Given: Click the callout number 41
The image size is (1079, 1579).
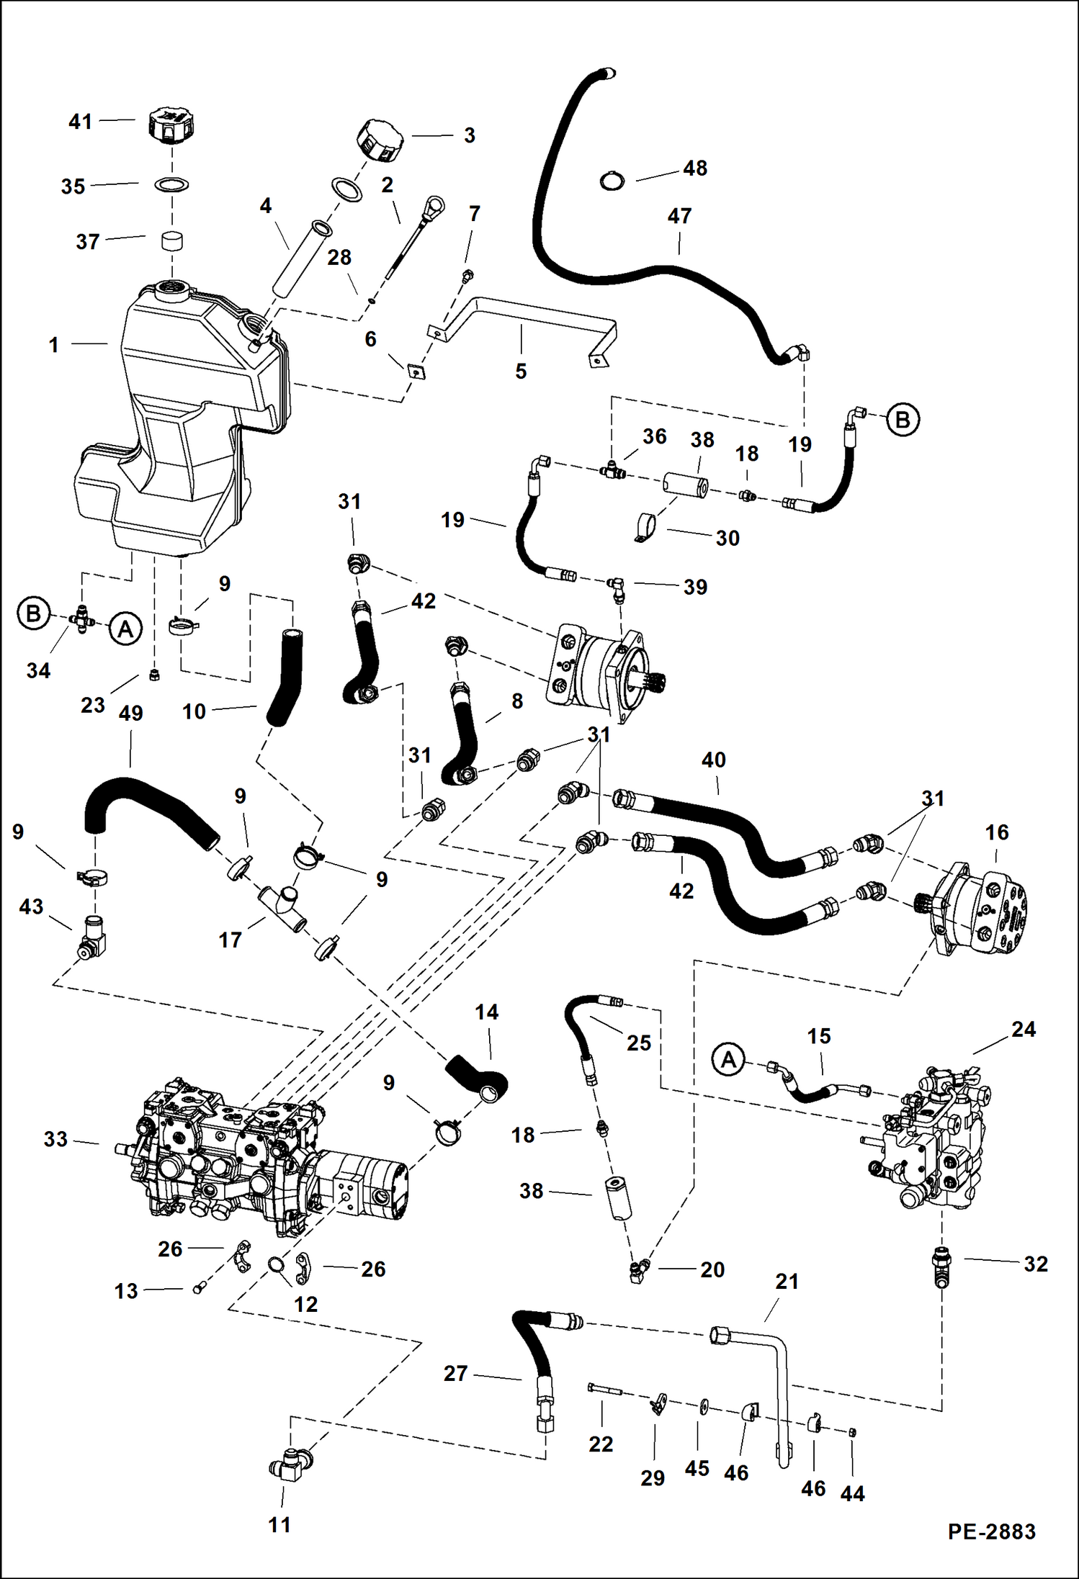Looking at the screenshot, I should pos(80,122).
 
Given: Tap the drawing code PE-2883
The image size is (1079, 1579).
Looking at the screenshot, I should pos(991,1531).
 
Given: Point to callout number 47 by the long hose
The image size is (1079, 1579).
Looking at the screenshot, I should pos(679,216).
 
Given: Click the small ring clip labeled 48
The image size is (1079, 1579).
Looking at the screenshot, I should pos(612,181).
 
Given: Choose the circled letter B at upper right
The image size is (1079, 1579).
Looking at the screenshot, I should pos(903,419).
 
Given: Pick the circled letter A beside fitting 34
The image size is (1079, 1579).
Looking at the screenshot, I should pos(125,629).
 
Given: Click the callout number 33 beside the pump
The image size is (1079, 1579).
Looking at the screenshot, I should pos(55,1139).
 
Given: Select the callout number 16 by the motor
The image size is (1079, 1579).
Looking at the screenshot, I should pos(996,832).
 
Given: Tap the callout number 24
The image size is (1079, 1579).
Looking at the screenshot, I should pos(1023,1030).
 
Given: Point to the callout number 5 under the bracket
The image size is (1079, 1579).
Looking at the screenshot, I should pos(521,372).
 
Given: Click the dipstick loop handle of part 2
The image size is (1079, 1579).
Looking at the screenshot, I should pos(434,207).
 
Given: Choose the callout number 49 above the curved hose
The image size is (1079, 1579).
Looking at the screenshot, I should pos(130,714).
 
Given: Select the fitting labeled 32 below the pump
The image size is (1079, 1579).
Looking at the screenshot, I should pos(941,1265).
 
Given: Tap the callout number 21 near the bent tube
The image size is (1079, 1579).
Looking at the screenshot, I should pos(787,1282).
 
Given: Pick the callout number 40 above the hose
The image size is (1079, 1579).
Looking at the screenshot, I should pos(713,760).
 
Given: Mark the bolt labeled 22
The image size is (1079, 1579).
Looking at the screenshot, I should pos(604,1390).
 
